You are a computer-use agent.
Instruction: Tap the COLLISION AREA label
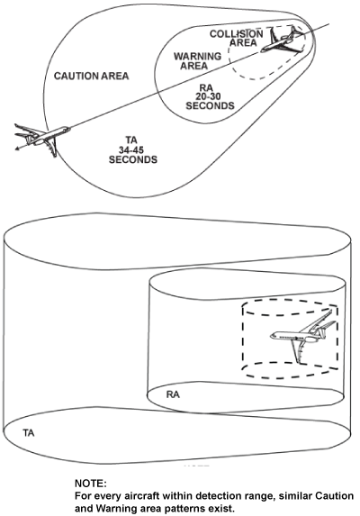click(237, 38)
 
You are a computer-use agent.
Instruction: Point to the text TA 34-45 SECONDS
click(132, 150)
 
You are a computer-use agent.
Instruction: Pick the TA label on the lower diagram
click(30, 433)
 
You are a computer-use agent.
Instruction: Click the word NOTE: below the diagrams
click(90, 483)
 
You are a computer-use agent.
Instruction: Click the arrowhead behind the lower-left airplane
click(18, 145)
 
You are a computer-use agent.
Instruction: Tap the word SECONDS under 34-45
click(132, 160)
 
